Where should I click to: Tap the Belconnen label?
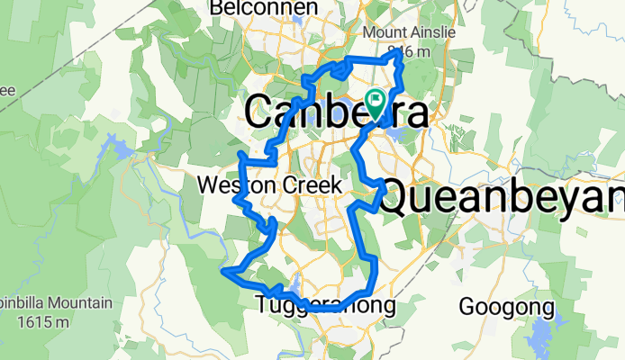263,8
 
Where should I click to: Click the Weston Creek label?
269,185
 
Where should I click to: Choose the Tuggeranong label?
325,306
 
